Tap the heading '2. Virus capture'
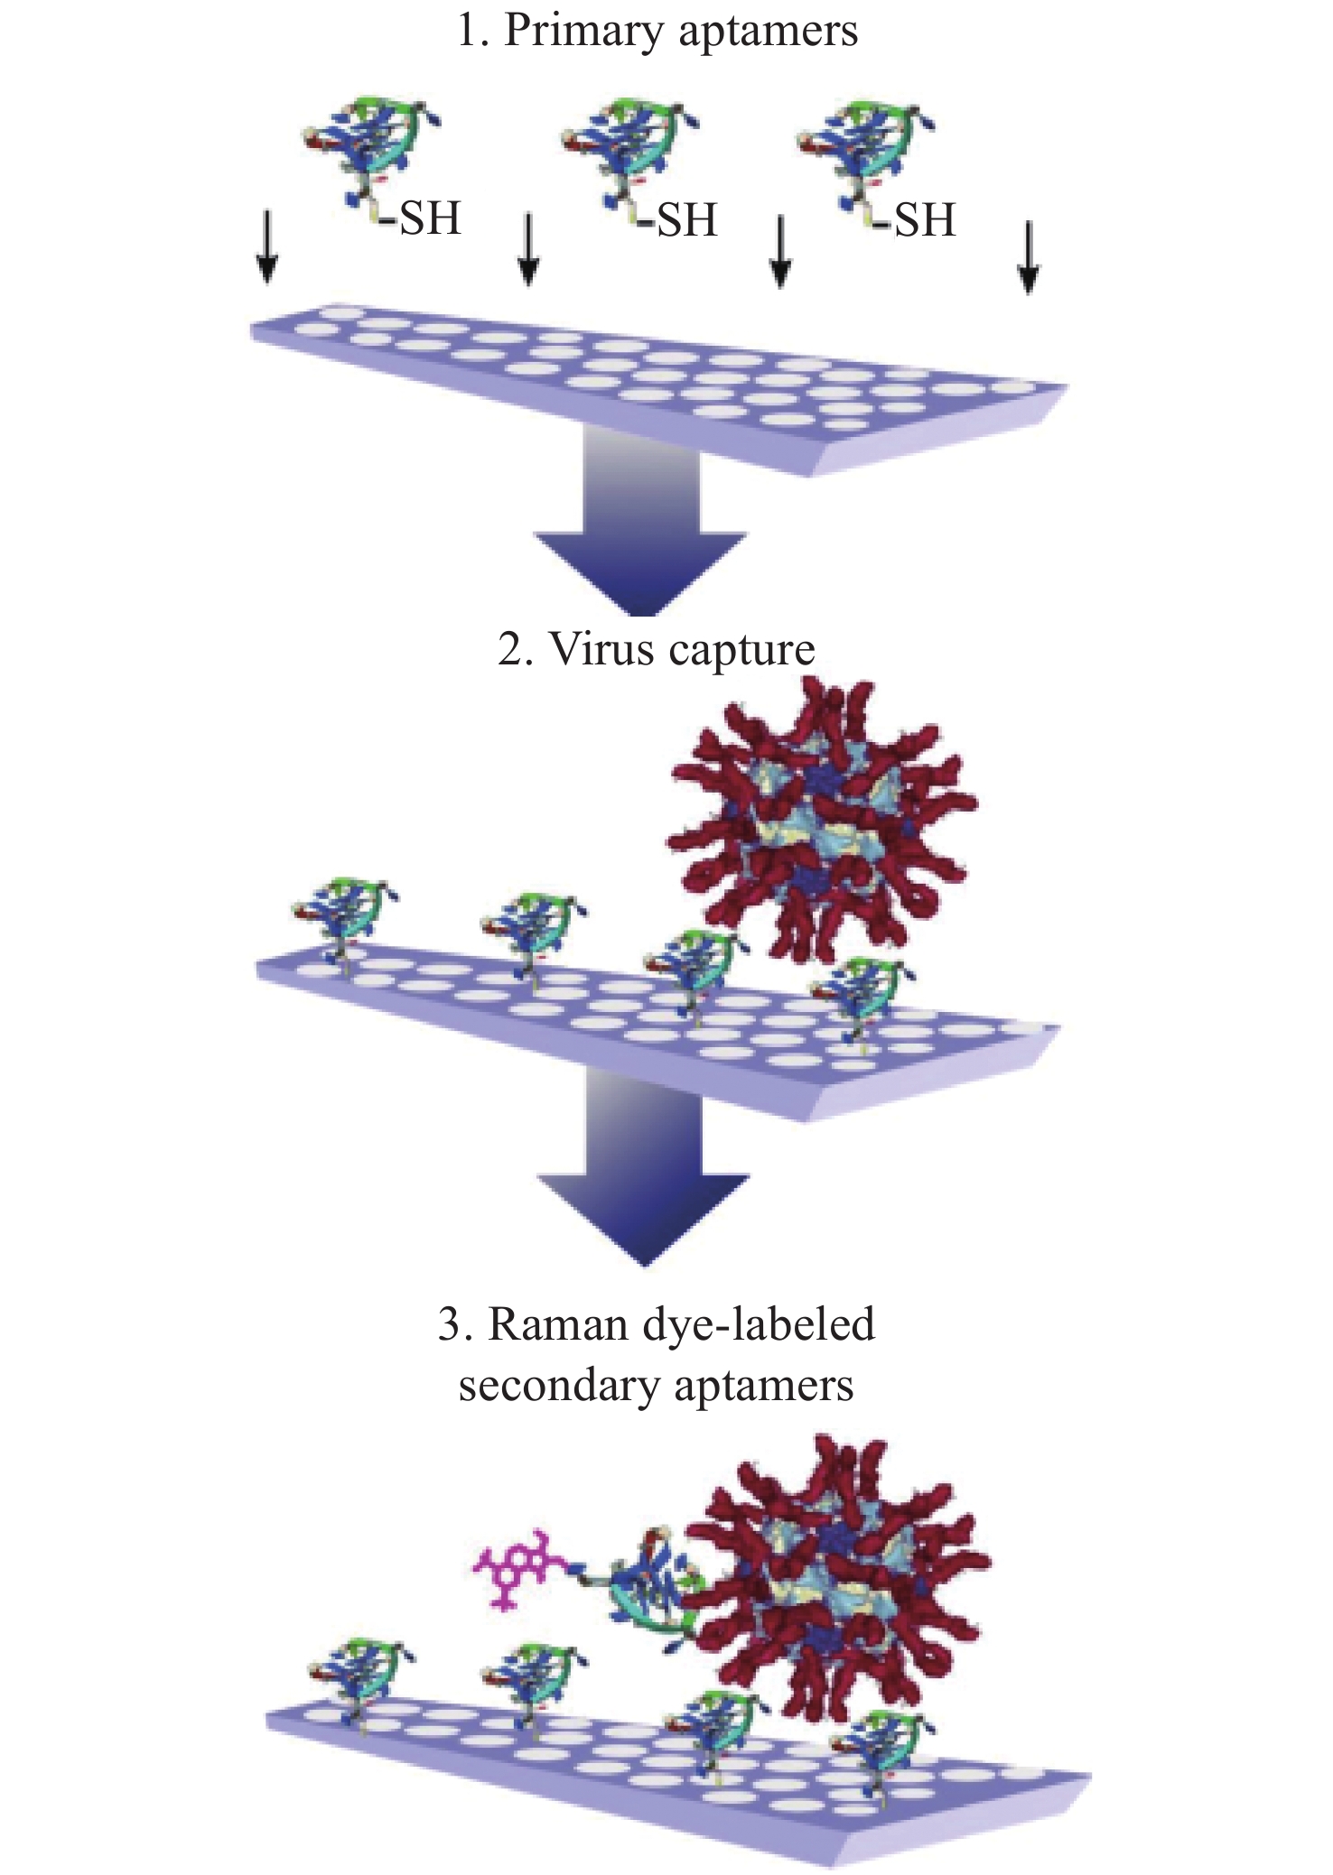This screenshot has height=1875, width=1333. [x=657, y=650]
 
